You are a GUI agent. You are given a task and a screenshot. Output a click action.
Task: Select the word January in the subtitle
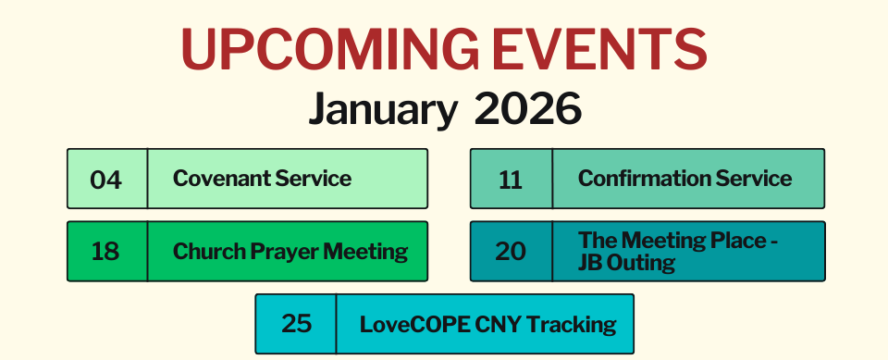click(382, 109)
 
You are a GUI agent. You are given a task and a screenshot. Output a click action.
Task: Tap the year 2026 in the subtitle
click(528, 109)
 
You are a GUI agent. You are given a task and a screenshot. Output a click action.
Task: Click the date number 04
click(106, 180)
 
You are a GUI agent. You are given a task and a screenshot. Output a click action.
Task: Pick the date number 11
click(511, 180)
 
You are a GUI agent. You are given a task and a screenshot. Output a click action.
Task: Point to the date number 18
click(105, 251)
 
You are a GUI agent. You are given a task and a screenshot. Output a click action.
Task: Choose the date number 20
click(511, 251)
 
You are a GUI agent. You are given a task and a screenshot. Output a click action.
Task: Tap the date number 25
click(296, 324)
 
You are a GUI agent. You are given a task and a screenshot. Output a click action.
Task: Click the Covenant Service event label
click(262, 178)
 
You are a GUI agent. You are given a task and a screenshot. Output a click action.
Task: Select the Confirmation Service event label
click(684, 178)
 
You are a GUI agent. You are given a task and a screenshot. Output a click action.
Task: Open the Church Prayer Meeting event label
click(290, 251)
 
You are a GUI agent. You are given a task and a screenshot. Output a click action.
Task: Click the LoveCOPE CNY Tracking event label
click(487, 324)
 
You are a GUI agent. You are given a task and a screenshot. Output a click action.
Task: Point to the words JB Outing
click(626, 263)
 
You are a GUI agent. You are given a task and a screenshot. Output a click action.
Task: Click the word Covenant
click(216, 178)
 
